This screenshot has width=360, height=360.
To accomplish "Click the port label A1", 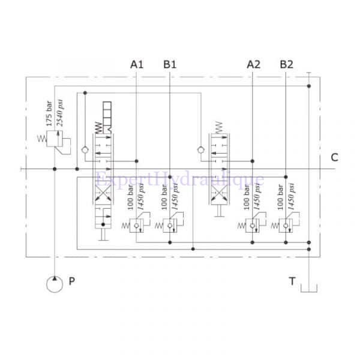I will coord(137,64).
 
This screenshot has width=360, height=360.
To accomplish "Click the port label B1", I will coord(170,64).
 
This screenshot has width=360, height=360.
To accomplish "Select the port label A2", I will coord(253,64).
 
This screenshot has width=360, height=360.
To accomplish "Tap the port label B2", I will coord(286,64).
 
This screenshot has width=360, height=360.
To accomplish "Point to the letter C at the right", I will coord(334,158).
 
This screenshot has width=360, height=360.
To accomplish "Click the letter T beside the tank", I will coord(292,281).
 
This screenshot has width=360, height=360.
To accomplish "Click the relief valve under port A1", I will coord(137,226).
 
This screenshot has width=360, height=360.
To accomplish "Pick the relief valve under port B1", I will coord(170,226).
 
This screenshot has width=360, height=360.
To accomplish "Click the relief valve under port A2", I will coord(253,226).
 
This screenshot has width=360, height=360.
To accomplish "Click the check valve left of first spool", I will coord(85,149).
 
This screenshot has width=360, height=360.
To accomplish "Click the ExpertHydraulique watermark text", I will coord(180,179).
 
